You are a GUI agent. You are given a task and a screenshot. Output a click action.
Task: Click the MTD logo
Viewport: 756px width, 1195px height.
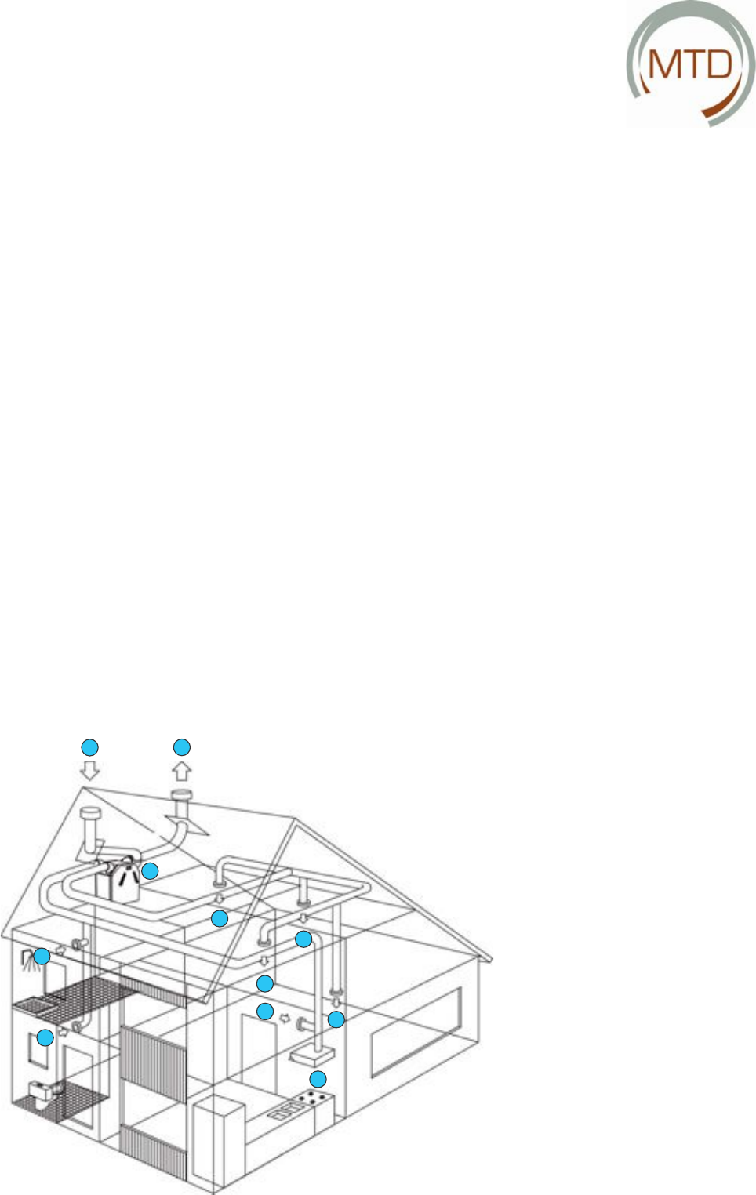[690, 64]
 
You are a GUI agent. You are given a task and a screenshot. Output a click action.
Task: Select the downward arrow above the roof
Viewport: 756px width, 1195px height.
[90, 770]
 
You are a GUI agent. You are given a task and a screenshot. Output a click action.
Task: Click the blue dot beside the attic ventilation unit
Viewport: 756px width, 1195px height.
[150, 870]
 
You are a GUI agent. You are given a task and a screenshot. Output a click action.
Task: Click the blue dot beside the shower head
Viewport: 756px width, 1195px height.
[42, 956]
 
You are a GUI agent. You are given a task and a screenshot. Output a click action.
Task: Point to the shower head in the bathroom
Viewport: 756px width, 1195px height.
[29, 958]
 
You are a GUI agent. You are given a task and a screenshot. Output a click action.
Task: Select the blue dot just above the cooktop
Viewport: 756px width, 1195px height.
[318, 1078]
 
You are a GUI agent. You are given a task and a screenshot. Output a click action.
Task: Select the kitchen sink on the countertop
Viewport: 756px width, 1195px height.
[282, 1110]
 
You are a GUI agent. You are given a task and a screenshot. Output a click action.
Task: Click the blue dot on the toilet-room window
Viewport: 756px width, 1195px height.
[45, 1037]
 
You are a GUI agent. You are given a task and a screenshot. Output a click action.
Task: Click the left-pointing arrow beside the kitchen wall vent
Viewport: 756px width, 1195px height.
[285, 1019]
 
